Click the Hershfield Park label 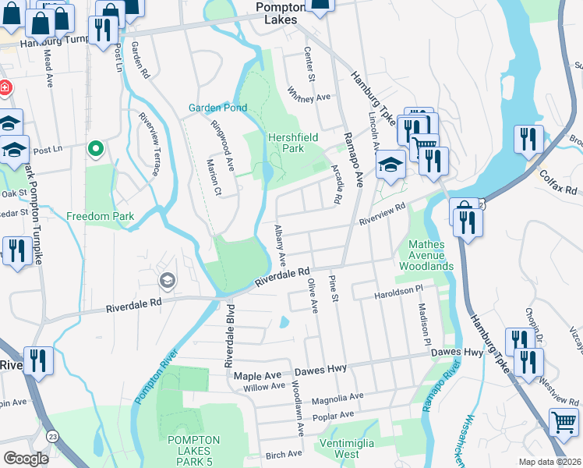click(293, 142)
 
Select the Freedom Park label click(100, 216)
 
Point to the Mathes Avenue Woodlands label click(426, 255)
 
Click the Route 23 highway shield click(51, 434)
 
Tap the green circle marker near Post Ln click(96, 147)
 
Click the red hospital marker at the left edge click(4, 87)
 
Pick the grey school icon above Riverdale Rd click(166, 280)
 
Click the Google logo click(26, 459)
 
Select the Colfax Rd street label click(558, 183)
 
